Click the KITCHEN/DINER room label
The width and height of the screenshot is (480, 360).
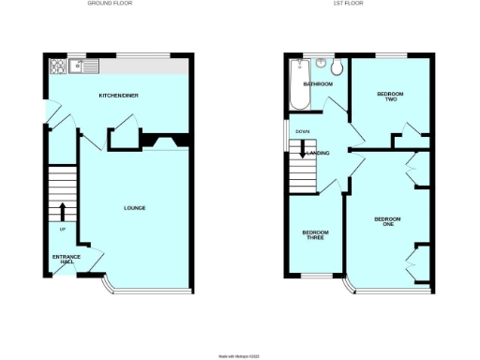click(x=119, y=96)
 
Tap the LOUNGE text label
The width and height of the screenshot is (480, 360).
click(x=134, y=207)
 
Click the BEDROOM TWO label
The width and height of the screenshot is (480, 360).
click(x=389, y=97)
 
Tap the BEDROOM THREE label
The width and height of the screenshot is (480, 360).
click(x=314, y=235)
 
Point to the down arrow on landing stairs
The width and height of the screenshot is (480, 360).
click(x=303, y=151)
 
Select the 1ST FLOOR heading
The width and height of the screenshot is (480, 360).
click(x=347, y=4)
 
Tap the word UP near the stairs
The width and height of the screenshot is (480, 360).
click(x=63, y=230)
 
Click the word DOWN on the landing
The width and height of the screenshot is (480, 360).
click(x=303, y=131)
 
